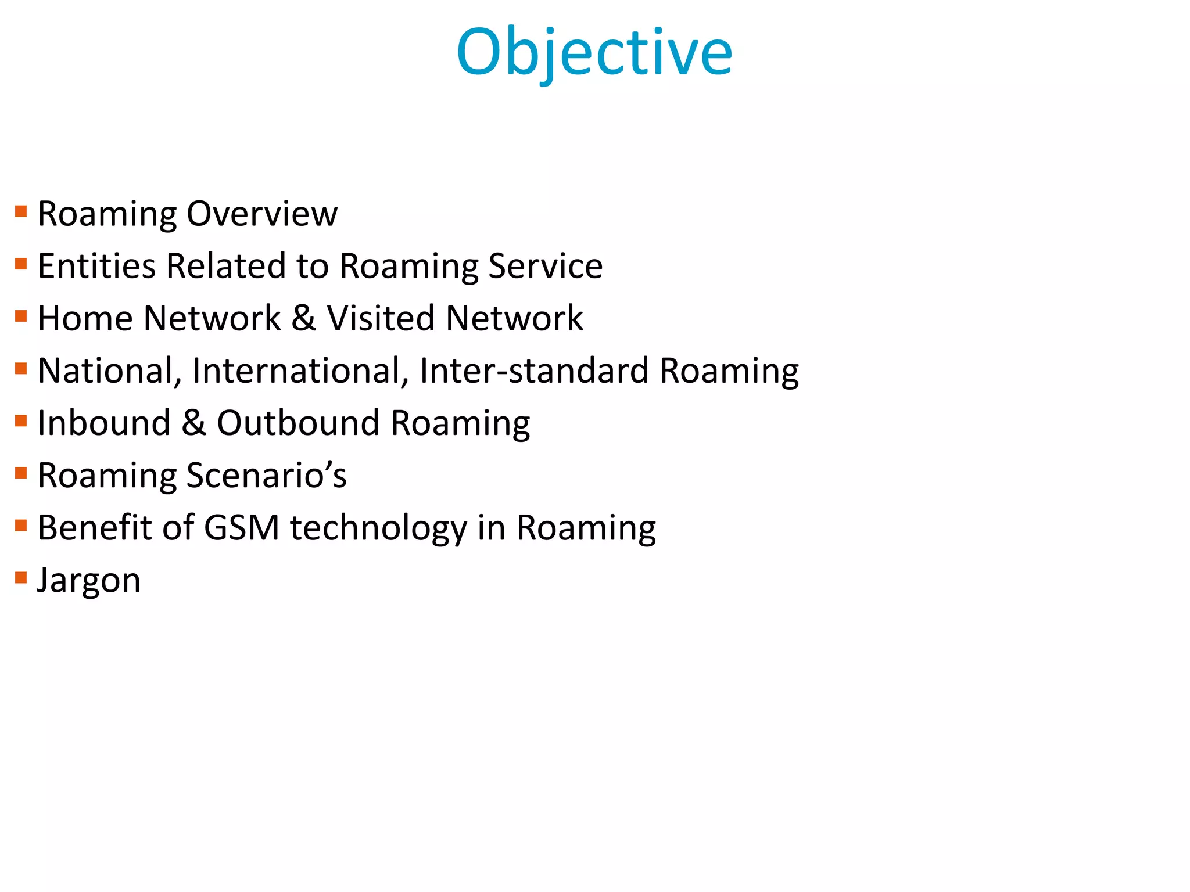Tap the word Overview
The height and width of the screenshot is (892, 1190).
click(x=262, y=214)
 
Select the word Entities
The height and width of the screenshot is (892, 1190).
click(x=96, y=266)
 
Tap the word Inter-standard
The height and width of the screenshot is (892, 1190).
click(x=534, y=371)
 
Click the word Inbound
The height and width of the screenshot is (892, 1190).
click(x=103, y=423)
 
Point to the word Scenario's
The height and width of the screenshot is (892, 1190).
click(x=267, y=475)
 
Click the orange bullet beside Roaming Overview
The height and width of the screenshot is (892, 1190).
click(x=21, y=211)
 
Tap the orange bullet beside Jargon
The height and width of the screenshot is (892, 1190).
click(x=21, y=578)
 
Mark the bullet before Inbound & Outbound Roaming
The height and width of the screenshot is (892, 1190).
click(x=21, y=420)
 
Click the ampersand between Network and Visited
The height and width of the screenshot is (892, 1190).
click(x=304, y=318)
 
